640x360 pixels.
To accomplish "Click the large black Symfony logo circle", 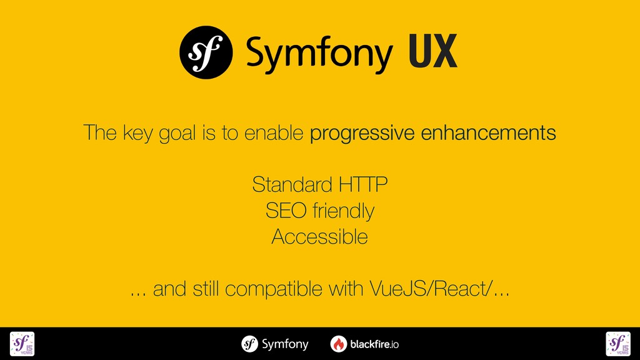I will pyautogui.click(x=206, y=52).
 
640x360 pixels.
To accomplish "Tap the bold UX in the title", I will pyautogui.click(x=433, y=52).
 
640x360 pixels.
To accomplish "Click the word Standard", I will pyautogui.click(x=292, y=185).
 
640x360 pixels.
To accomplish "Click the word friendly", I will pyautogui.click(x=343, y=211).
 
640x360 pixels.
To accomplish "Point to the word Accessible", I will pyautogui.click(x=319, y=237).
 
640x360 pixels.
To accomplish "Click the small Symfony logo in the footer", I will pyautogui.click(x=250, y=344).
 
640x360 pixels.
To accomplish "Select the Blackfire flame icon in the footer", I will pyautogui.click(x=339, y=344).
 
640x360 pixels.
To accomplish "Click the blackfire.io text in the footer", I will pyautogui.click(x=374, y=344).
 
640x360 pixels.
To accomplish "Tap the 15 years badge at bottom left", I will pyautogui.click(x=22, y=344).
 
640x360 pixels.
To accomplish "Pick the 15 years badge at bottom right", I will pyautogui.click(x=617, y=344).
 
